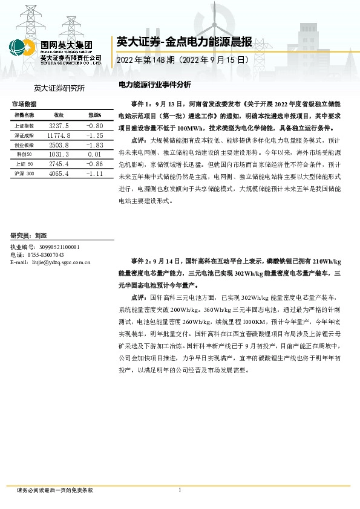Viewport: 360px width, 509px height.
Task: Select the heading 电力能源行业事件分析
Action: [154, 85]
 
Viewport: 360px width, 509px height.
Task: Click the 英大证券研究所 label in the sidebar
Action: [59, 88]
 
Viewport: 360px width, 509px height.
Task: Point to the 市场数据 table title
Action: [24, 104]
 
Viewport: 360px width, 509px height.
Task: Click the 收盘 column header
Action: [59, 115]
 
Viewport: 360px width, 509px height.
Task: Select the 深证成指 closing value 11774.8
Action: [59, 135]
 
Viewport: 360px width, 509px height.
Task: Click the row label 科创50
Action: [24, 155]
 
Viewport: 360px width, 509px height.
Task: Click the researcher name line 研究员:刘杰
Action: [30, 235]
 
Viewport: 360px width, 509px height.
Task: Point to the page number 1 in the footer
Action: [180, 490]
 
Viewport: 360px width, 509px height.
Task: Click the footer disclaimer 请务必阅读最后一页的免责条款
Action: [55, 490]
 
